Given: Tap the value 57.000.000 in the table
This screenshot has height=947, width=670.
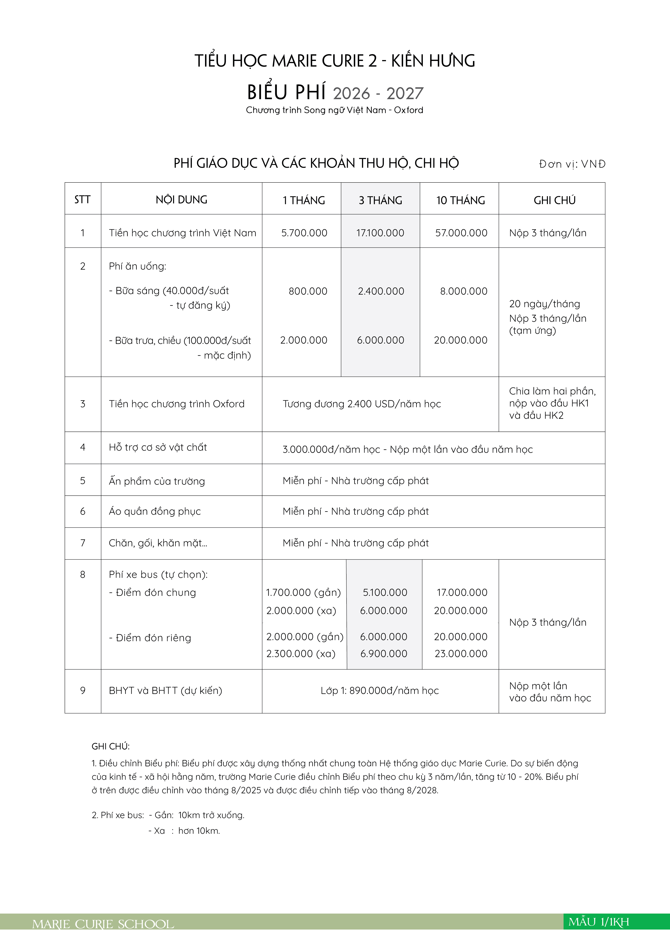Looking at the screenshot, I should tap(461, 233).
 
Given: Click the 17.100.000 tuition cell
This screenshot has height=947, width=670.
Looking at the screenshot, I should tap(380, 233).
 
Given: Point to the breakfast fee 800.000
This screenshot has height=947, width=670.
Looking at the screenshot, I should tap(308, 291).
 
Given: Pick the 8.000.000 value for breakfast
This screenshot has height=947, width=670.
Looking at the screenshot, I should tap(463, 291).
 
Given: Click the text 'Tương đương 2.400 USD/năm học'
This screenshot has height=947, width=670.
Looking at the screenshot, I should tap(362, 404).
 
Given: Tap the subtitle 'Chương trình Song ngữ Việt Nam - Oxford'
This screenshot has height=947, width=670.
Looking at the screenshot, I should tap(334, 110).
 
